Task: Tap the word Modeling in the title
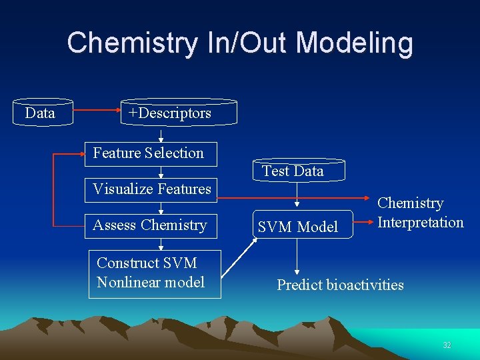click(x=354, y=43)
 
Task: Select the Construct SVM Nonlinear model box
click(x=154, y=273)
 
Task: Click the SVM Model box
click(x=298, y=227)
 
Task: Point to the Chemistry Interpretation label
click(x=420, y=213)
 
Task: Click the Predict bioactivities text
click(x=340, y=285)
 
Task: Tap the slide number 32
click(x=447, y=345)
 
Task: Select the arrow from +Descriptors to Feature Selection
click(x=161, y=135)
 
